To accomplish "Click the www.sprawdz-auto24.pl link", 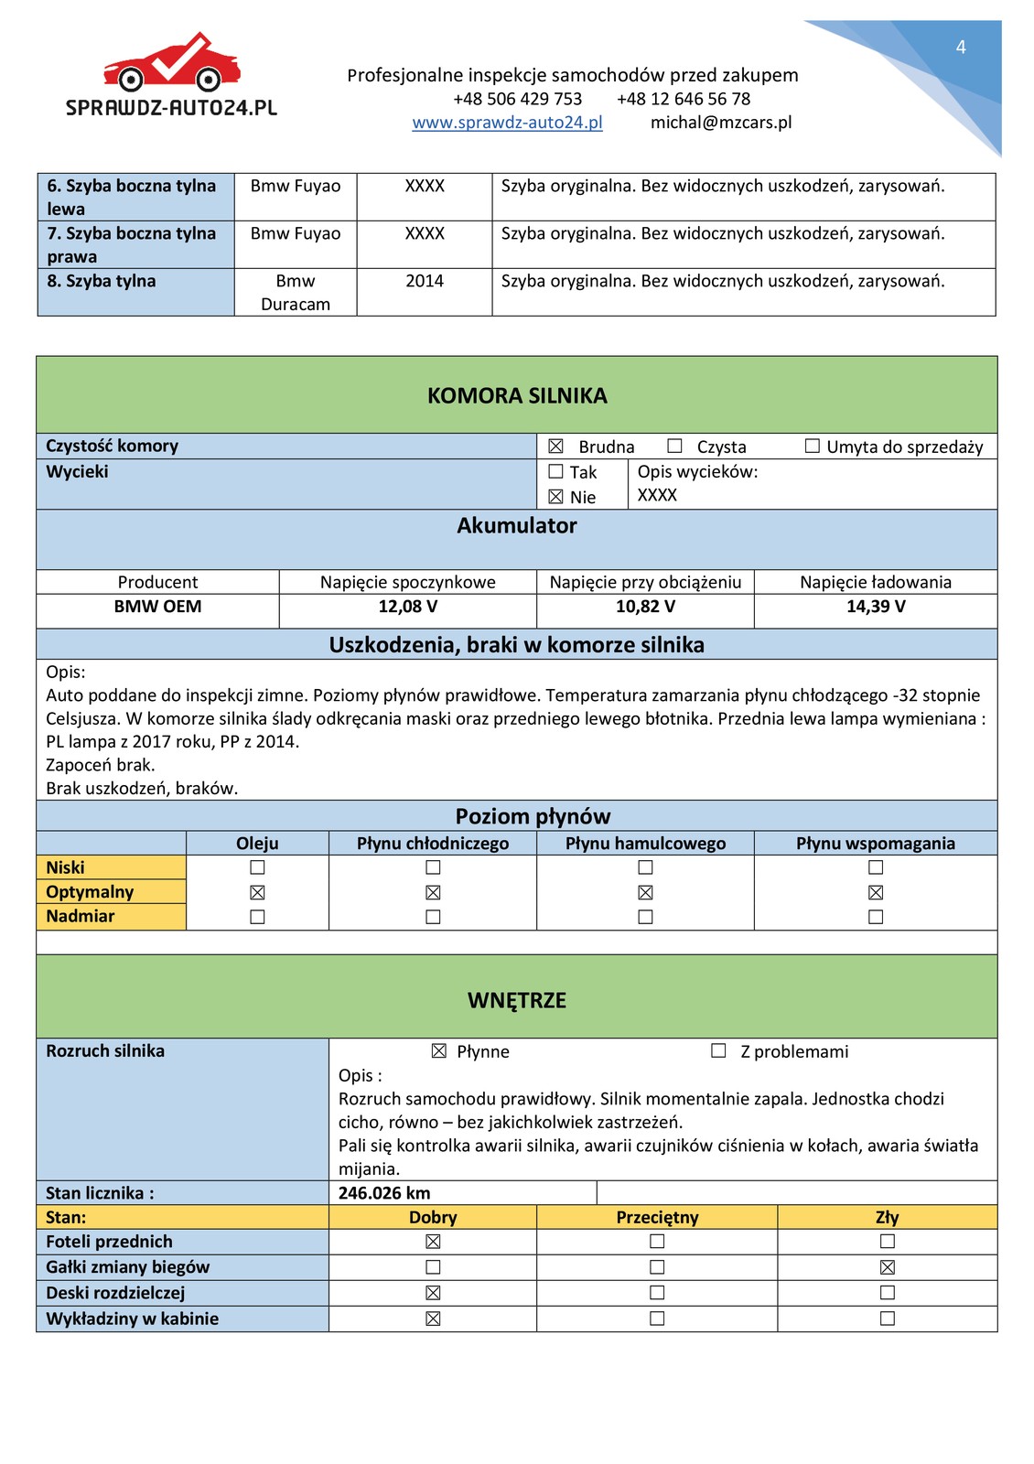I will (507, 123).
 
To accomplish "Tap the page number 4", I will (961, 47).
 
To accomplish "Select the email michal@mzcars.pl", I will (721, 123).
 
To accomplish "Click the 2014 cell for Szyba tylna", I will (425, 281).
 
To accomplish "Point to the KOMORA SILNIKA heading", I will (517, 395).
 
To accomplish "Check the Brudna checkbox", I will (555, 447).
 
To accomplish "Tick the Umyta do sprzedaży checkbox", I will (812, 446).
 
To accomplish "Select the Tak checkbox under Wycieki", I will (555, 472).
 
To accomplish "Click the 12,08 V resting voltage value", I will (407, 607).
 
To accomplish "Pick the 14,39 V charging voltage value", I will (876, 607).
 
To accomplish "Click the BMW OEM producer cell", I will (157, 607).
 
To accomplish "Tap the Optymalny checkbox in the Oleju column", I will (257, 892).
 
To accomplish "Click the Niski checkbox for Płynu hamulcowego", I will (645, 867).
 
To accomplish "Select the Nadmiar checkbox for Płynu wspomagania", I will (876, 917).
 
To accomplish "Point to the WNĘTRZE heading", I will (517, 1000).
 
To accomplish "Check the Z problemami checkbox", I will (718, 1051).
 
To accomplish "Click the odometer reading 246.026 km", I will (384, 1193).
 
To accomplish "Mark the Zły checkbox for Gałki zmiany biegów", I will (887, 1267).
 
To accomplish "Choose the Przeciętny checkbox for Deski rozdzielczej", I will (656, 1293).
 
